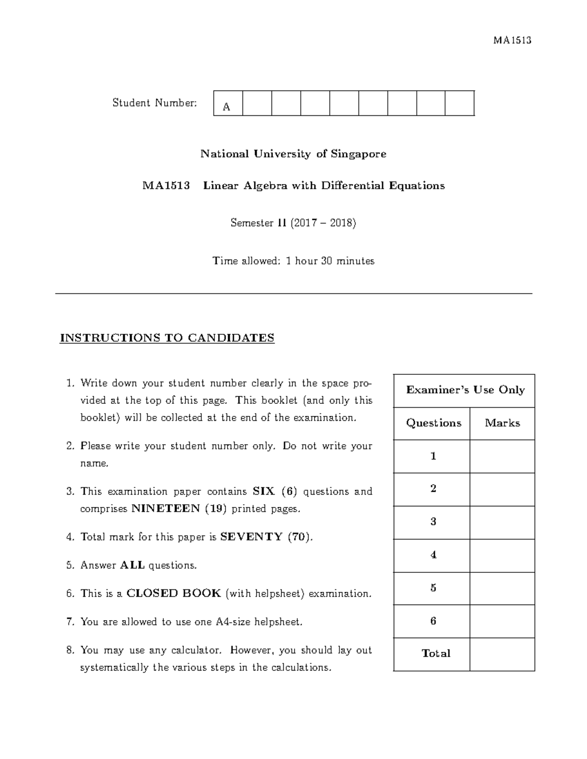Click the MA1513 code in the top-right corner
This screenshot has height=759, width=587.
point(512,40)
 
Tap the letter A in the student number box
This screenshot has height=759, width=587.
point(226,107)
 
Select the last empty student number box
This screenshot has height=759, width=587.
point(459,103)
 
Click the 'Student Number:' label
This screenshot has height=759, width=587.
point(155,103)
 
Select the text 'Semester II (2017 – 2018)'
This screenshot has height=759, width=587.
point(293,223)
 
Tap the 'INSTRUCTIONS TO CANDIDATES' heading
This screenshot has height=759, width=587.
point(167,338)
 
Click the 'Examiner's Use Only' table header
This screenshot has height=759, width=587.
point(465,390)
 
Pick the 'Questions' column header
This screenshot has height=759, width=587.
point(433,423)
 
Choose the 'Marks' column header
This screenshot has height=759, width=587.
point(502,423)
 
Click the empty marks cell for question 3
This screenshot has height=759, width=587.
point(502,522)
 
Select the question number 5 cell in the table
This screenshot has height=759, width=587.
point(433,588)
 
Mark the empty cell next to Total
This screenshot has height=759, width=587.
point(502,654)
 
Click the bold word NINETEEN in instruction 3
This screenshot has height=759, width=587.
point(166,509)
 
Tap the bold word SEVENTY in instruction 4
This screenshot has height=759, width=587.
point(251,537)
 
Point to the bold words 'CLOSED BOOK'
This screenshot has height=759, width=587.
point(174,593)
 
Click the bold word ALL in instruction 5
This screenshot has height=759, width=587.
point(132,565)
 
